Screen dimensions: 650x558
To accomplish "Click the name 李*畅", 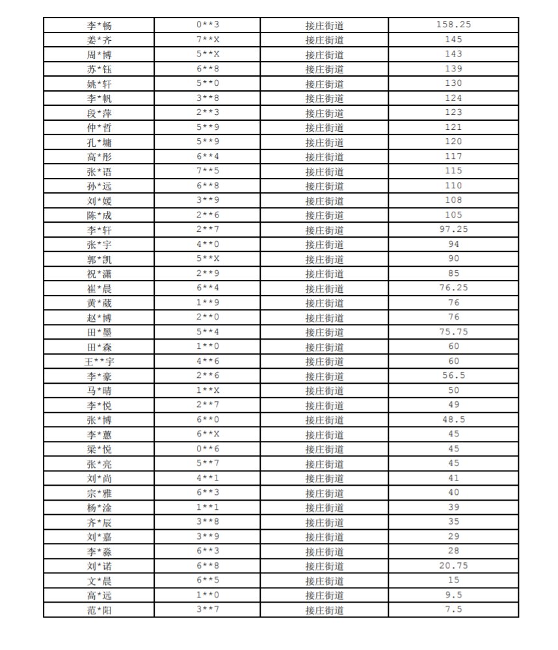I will (99, 26).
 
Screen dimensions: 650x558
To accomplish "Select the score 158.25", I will (453, 25).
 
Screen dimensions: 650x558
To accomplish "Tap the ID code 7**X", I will (208, 40).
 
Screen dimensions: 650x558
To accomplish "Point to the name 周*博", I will (99, 55).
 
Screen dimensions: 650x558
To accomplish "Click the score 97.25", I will (453, 230).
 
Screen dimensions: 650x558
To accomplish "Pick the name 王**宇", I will (99, 362).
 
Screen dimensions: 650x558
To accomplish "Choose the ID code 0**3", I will (208, 25).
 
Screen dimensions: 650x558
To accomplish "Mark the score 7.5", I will (453, 610).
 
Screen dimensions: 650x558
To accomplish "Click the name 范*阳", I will (99, 610).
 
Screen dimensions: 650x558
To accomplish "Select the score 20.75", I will (453, 566).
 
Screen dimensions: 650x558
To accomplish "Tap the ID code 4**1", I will (208, 479).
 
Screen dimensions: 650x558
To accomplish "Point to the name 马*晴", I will (99, 391).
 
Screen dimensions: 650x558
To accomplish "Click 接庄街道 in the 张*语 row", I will (325, 172).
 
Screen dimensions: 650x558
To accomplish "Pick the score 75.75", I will (453, 332).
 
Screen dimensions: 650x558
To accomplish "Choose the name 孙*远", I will (99, 186).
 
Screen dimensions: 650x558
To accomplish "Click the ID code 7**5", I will (208, 171).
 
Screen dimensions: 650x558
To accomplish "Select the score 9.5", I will (453, 595).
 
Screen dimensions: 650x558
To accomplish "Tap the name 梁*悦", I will (99, 449).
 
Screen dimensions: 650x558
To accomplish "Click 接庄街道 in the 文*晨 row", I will (325, 581).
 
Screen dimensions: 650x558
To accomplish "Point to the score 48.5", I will (453, 419).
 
